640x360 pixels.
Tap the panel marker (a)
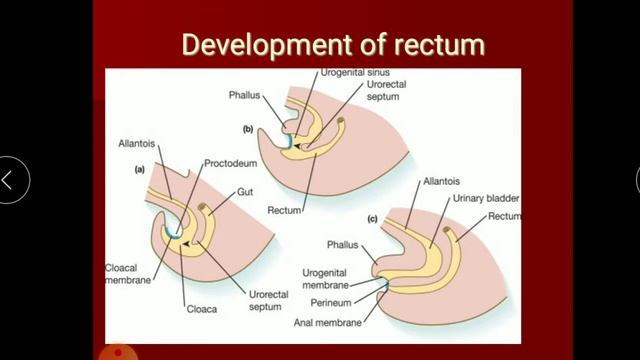[142, 170]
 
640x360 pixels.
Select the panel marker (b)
[248, 129]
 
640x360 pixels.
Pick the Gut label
[249, 191]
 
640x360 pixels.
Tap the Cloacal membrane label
[127, 274]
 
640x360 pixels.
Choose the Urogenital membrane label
[336, 278]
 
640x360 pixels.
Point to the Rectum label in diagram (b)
[286, 209]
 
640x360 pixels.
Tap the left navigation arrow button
[9, 181]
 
